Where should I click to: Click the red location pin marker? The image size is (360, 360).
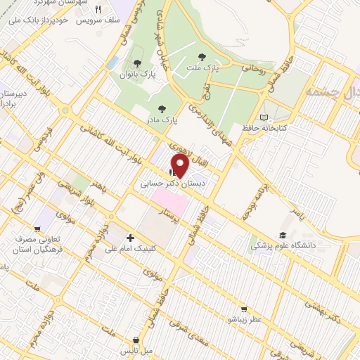point(180,165)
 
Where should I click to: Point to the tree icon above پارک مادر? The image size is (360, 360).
point(163,108)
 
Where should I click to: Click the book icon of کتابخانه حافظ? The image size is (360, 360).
point(264,117)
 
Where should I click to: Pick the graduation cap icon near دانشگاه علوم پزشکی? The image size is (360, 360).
point(283,235)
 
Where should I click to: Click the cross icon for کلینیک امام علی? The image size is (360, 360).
point(129,238)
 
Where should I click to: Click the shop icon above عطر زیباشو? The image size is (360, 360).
point(243,308)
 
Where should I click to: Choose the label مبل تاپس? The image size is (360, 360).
point(137,349)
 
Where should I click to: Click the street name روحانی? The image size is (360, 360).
point(255,68)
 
